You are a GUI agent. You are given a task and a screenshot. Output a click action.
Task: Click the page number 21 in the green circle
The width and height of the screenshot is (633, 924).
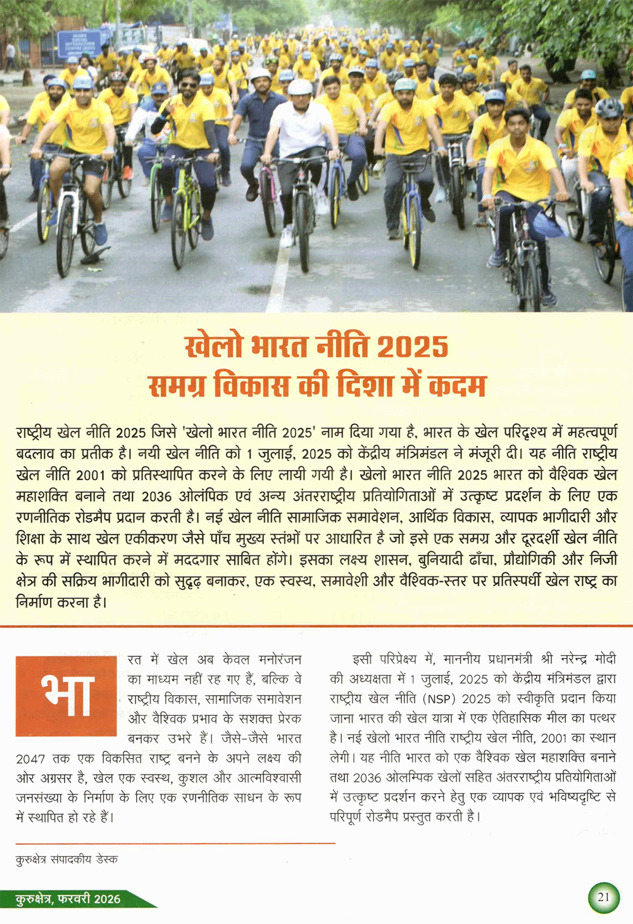coord(603,897)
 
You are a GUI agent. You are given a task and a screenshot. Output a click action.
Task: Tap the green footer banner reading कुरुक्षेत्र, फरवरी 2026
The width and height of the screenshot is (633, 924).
coord(70,899)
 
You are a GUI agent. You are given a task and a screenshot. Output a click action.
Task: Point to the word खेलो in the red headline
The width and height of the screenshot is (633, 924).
coord(213,347)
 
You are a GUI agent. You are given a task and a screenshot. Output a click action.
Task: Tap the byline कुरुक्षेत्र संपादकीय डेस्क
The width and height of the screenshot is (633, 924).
coord(66,859)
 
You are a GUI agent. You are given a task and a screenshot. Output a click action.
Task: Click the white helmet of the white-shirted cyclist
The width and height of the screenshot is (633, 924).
coord(300,87)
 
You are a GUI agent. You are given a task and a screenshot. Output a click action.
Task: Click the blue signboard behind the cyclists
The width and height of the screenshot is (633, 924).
coord(79,43)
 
